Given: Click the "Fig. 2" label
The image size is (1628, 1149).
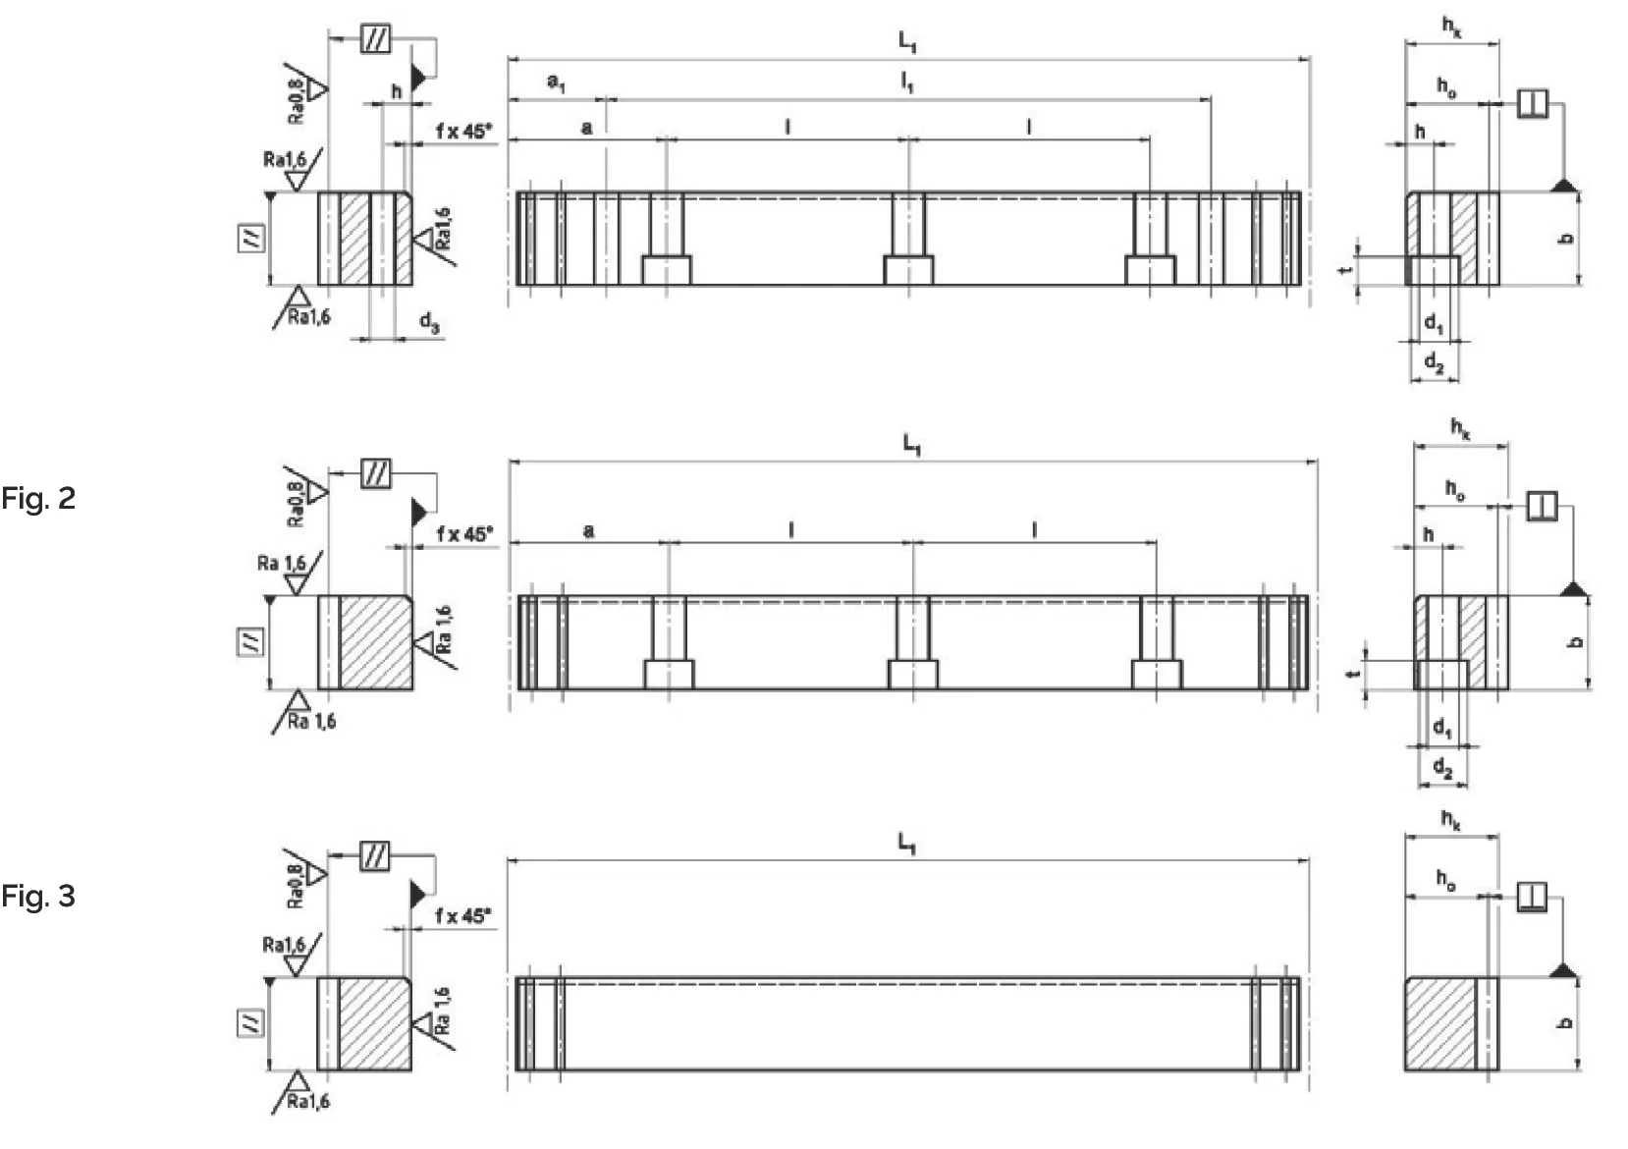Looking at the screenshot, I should coord(37,499).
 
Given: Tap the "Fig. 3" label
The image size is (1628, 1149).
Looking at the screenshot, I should coord(37,896).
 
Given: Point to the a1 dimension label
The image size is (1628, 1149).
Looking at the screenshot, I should coord(556,83).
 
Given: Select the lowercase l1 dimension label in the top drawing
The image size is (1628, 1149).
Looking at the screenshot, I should coord(907,82).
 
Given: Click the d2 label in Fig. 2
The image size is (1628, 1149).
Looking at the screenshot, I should coord(1441,767).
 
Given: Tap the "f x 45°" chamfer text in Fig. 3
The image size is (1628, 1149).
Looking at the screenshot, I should coord(462,916).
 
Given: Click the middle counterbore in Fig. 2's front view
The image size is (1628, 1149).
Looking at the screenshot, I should coord(912,675).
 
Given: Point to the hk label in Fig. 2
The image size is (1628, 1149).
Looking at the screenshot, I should coord(1461,428).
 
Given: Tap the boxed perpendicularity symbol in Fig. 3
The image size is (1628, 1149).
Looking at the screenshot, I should coord(1532,897).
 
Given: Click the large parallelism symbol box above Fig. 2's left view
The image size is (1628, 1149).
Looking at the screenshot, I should coord(376,474).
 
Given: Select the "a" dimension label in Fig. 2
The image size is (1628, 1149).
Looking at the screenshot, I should coord(588,531).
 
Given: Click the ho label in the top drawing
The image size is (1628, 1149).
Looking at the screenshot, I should coord(1446,86).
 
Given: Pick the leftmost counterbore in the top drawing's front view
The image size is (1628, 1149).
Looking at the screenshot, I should coord(667,270).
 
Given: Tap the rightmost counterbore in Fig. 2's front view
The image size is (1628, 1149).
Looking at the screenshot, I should coord(1156,675).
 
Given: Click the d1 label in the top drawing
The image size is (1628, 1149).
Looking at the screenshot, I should coord(1434,322).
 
